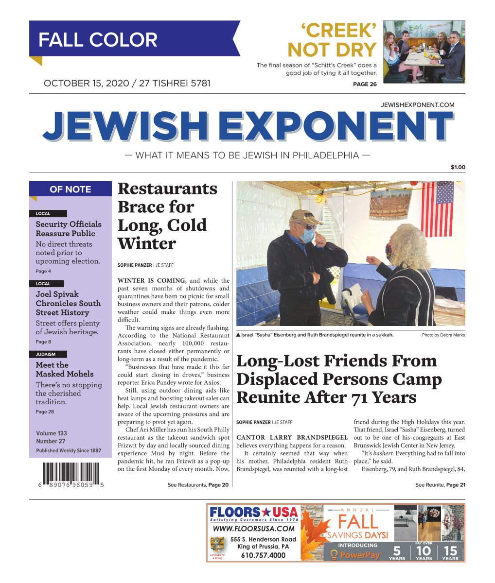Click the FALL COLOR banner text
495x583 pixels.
click(98, 39)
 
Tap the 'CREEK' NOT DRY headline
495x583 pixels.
click(333, 40)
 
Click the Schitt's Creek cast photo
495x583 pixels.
click(424, 52)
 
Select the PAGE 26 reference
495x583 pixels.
click(364, 84)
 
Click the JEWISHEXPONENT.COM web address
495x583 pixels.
click(418, 104)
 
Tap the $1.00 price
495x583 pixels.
click(458, 167)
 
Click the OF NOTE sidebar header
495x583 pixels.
click(70, 189)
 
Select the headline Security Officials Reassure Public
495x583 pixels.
click(69, 228)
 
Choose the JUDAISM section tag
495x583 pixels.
click(46, 354)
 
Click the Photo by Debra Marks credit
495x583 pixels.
click(443, 335)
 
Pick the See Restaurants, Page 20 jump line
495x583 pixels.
click(197, 485)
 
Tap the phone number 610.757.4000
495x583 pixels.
click(263, 555)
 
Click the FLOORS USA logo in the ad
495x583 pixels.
click(253, 513)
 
